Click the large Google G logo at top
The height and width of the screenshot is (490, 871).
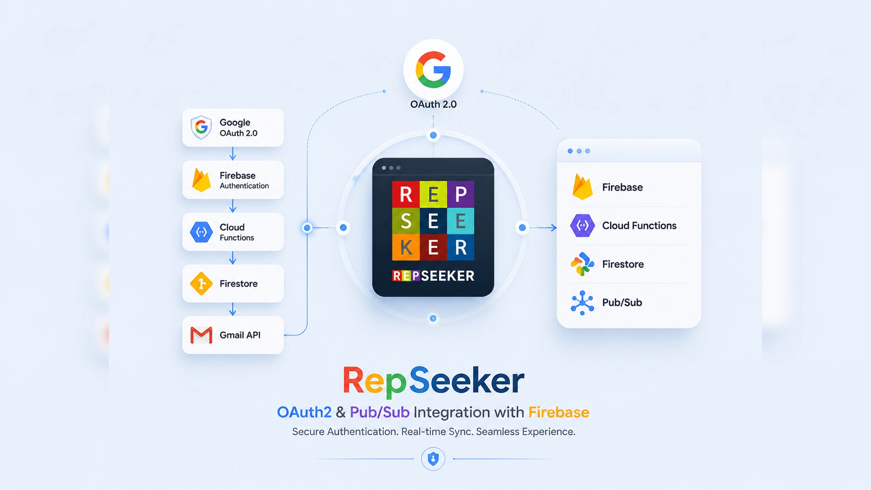(x=433, y=69)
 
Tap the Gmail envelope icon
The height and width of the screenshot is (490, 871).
(x=201, y=335)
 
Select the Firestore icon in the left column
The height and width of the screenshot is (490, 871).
(x=201, y=284)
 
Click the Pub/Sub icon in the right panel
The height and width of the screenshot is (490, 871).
(x=582, y=303)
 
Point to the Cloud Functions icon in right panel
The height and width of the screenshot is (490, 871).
(x=582, y=225)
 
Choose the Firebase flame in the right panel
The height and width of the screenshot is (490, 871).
(x=582, y=186)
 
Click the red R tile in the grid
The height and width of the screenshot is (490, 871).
(x=406, y=194)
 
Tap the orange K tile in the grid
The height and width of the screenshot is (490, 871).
(x=406, y=247)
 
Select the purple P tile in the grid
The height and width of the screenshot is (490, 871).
(x=461, y=194)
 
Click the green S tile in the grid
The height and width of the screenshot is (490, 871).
(x=406, y=221)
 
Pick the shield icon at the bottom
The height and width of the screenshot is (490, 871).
(x=433, y=459)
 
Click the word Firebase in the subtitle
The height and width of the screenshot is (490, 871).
(x=559, y=412)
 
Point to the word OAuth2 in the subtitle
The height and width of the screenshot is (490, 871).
(x=304, y=412)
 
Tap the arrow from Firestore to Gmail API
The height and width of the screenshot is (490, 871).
(x=233, y=309)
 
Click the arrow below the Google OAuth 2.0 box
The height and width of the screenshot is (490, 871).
(x=233, y=153)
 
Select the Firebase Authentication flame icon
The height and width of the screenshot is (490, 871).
(x=201, y=180)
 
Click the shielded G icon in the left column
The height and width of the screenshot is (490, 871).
(x=201, y=127)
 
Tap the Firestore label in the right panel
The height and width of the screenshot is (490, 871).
(x=623, y=264)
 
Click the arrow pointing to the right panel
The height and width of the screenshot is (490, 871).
(x=543, y=227)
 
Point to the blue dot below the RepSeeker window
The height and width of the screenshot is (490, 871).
(x=433, y=318)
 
